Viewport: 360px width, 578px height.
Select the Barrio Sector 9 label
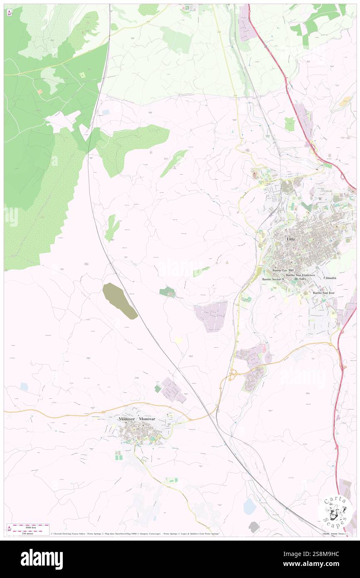tap(273, 279)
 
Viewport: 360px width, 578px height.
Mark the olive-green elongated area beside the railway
tap(120, 301)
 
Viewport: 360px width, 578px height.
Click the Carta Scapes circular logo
tap(335, 511)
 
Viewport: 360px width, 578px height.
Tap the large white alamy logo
tap(42, 559)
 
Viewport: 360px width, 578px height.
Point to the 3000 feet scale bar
tap(28, 526)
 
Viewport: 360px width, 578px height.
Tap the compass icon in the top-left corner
tap(9, 12)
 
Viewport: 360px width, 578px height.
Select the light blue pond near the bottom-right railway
tap(249, 506)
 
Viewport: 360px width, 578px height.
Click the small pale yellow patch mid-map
tap(178, 340)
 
